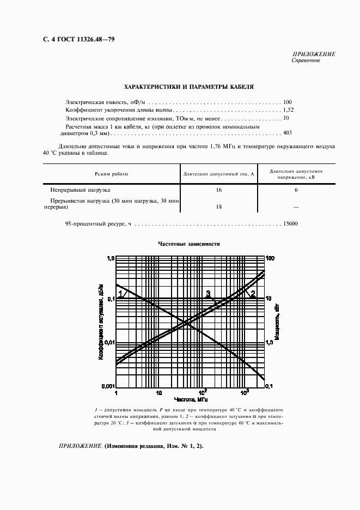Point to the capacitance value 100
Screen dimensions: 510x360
click(287, 102)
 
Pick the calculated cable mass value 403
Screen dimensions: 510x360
click(287, 132)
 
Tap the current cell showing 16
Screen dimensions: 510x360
click(219, 190)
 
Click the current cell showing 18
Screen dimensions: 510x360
click(219, 207)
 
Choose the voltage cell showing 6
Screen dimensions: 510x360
click(296, 190)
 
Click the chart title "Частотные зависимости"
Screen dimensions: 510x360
click(188, 244)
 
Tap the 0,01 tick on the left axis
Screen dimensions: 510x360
click(108, 342)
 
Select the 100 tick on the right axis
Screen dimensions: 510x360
click(270, 258)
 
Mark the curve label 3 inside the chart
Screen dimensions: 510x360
click(208, 294)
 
